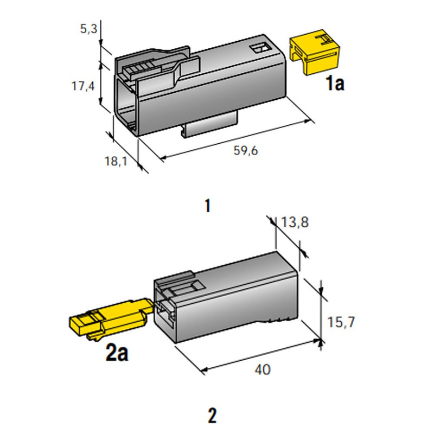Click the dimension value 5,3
pyautogui.click(x=88, y=29)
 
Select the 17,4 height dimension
pyautogui.click(x=83, y=86)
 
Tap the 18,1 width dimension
pyautogui.click(x=116, y=161)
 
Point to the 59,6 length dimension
pyautogui.click(x=246, y=151)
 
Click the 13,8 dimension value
pyautogui.click(x=295, y=222)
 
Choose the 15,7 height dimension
pyautogui.click(x=341, y=322)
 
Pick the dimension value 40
pyautogui.click(x=263, y=370)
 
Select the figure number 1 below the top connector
pyautogui.click(x=208, y=206)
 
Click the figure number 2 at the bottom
pyautogui.click(x=212, y=416)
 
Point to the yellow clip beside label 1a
pyautogui.click(x=315, y=52)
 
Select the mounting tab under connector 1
pyautogui.click(x=209, y=124)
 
